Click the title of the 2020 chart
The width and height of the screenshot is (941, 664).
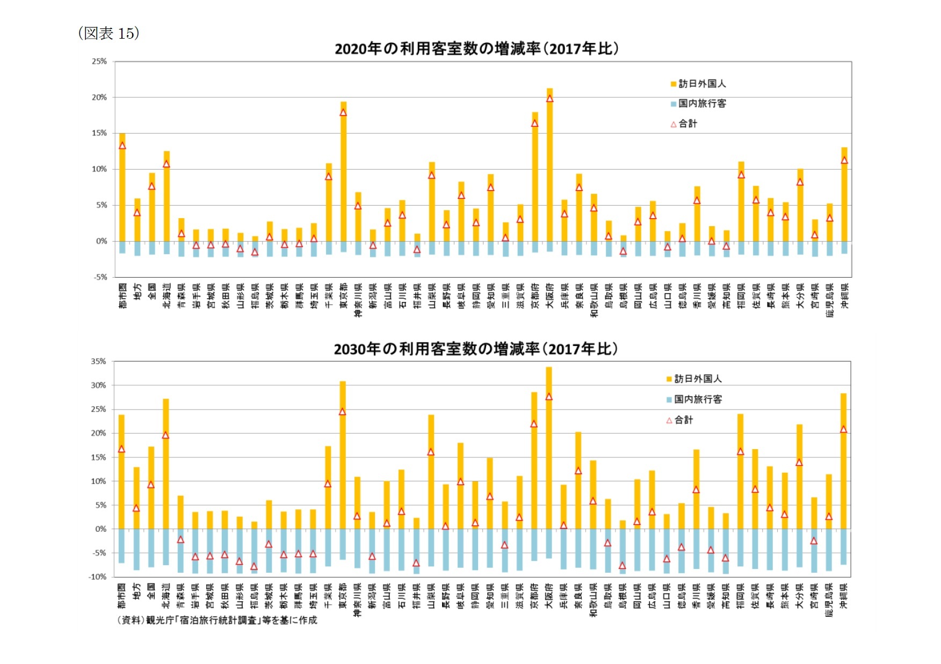tap(476, 49)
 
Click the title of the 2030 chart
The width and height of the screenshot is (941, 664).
tap(475, 349)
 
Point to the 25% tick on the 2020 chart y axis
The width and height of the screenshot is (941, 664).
tap(99, 62)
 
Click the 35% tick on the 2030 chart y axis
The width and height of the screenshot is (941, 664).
tap(98, 362)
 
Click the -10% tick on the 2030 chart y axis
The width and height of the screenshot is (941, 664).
tap(97, 576)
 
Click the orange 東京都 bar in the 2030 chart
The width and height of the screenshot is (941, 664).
tap(343, 457)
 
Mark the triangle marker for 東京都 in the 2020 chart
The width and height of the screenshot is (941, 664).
tap(343, 113)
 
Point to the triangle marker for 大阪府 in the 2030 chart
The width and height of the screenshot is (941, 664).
tap(548, 397)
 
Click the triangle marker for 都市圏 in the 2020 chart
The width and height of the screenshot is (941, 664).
tap(122, 146)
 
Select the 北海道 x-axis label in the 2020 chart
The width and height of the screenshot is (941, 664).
tap(167, 295)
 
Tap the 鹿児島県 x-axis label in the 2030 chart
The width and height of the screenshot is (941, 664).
tap(829, 600)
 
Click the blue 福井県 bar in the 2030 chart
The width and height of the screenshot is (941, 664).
tap(416, 551)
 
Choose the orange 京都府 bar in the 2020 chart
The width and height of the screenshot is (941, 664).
tap(535, 177)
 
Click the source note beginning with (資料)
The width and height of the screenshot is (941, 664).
tap(217, 620)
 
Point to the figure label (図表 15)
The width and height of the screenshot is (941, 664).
tap(109, 33)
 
